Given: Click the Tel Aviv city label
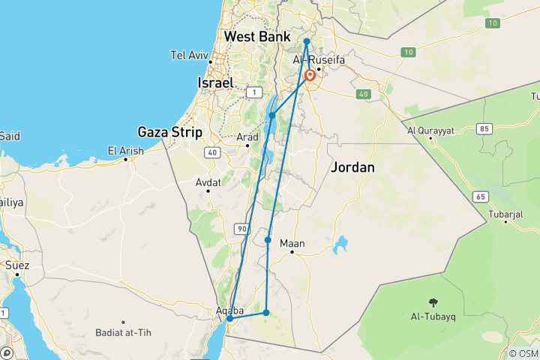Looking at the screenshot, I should tap(188, 55).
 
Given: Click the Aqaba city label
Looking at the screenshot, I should tap(231, 309).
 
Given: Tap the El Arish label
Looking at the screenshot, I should tap(125, 151).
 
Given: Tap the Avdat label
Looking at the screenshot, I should tap(208, 182).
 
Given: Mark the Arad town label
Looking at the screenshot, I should tap(247, 137).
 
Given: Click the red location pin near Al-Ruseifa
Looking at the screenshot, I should tap(310, 76).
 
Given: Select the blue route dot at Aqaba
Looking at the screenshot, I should tap(230, 319).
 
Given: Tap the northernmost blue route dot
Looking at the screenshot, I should tap(307, 41).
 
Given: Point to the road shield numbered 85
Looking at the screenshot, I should tap(484, 128).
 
